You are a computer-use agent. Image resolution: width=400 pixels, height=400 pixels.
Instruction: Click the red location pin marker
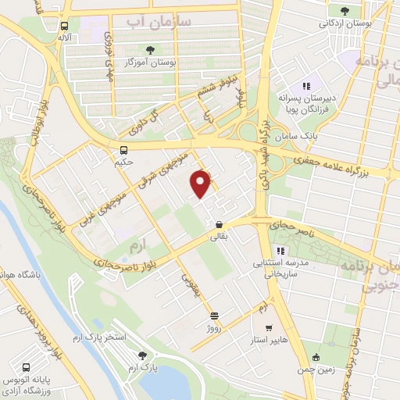click(202, 183)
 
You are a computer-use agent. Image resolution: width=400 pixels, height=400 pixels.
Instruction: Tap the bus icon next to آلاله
click(62, 25)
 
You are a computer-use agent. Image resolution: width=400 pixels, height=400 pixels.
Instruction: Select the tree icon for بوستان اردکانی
click(345, 10)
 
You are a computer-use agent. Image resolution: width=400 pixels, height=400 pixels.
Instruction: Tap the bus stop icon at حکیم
click(123, 150)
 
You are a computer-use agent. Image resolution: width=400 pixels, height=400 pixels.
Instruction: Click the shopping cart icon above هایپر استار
click(269, 328)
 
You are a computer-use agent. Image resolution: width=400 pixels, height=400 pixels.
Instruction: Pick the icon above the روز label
click(215, 316)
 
